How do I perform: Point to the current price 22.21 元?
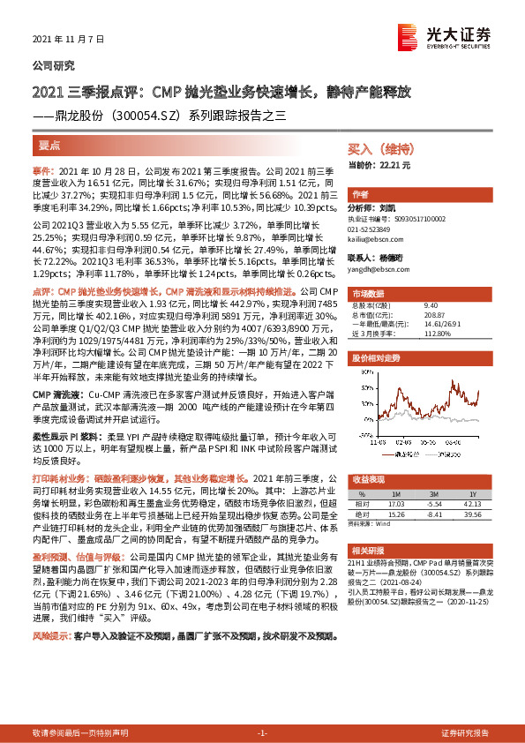(380, 165)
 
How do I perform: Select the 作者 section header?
(360, 193)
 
